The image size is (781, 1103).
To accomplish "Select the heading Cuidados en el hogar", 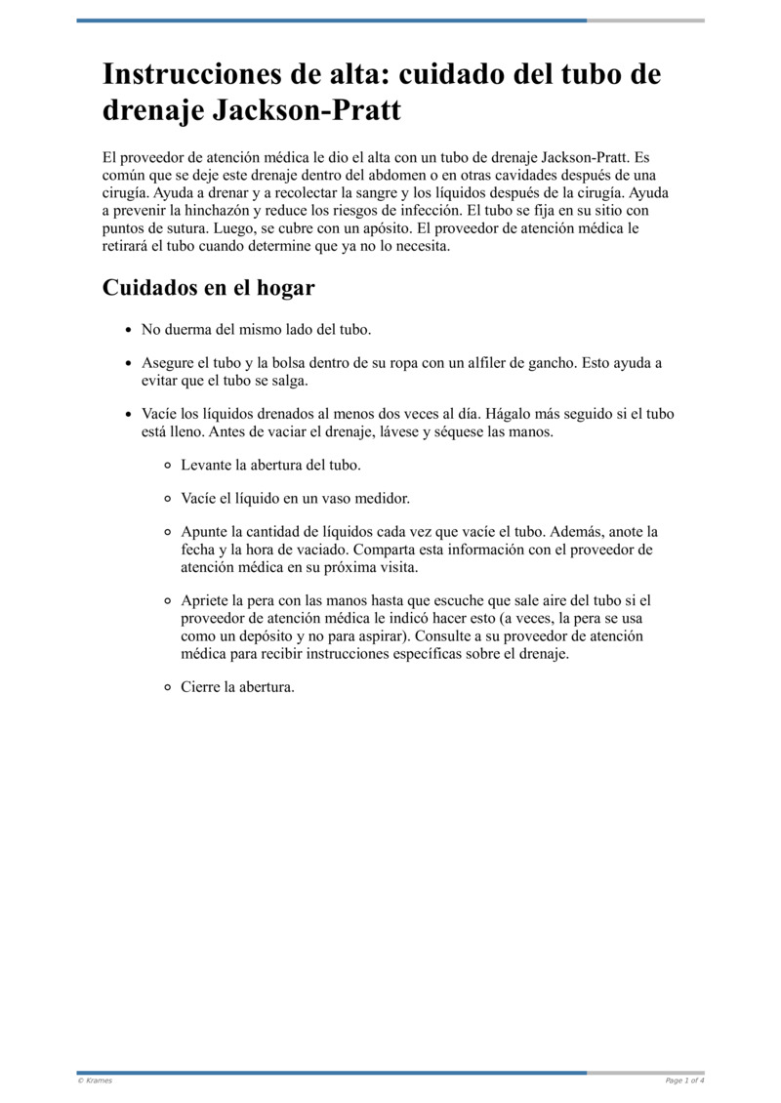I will [208, 288].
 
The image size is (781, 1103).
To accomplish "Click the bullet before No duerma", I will [127, 330].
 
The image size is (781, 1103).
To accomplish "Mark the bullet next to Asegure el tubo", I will [127, 363].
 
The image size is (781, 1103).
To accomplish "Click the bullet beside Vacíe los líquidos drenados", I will [127, 414].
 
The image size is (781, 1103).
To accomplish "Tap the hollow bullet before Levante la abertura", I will [168, 466].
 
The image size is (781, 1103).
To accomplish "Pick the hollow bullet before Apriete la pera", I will [168, 601].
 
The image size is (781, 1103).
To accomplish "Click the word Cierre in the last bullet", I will [200, 687].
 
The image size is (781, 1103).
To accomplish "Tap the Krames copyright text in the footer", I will [95, 1081].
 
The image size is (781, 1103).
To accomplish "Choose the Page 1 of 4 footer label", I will [684, 1081].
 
